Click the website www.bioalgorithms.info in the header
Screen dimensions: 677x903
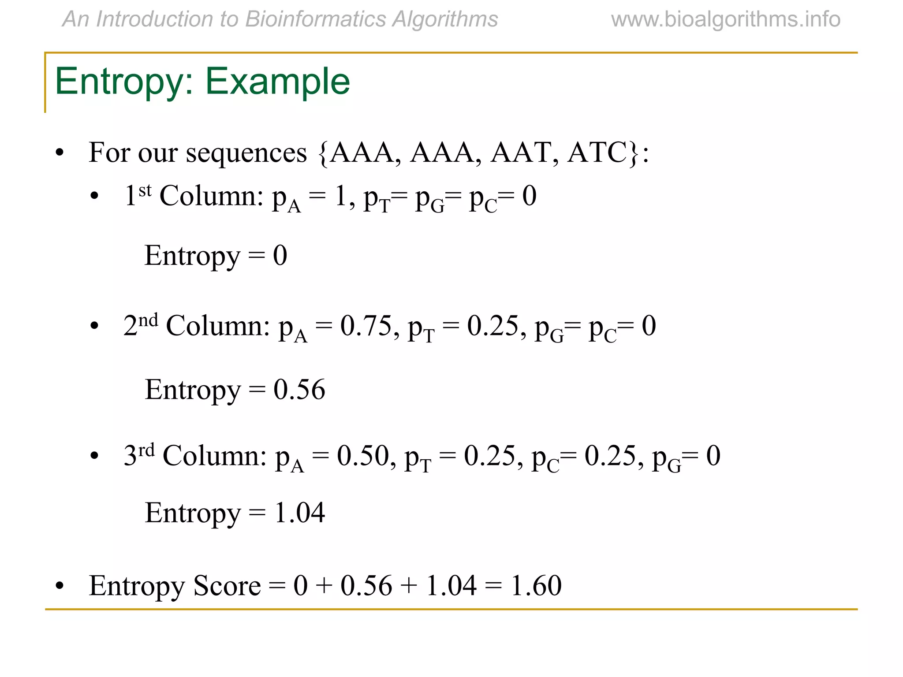[726, 19]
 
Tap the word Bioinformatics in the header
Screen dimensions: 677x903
[315, 19]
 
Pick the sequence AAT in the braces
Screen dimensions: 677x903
[521, 153]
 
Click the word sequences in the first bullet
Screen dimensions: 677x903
[246, 153]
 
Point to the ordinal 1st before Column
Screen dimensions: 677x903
[138, 195]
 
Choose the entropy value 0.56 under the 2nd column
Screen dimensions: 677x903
[299, 390]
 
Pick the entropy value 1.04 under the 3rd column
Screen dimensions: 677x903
[299, 513]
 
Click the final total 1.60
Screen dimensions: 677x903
[536, 586]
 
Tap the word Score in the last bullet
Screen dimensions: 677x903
[227, 586]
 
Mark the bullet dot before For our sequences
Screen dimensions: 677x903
[60, 153]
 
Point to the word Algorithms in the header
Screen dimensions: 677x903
[445, 19]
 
